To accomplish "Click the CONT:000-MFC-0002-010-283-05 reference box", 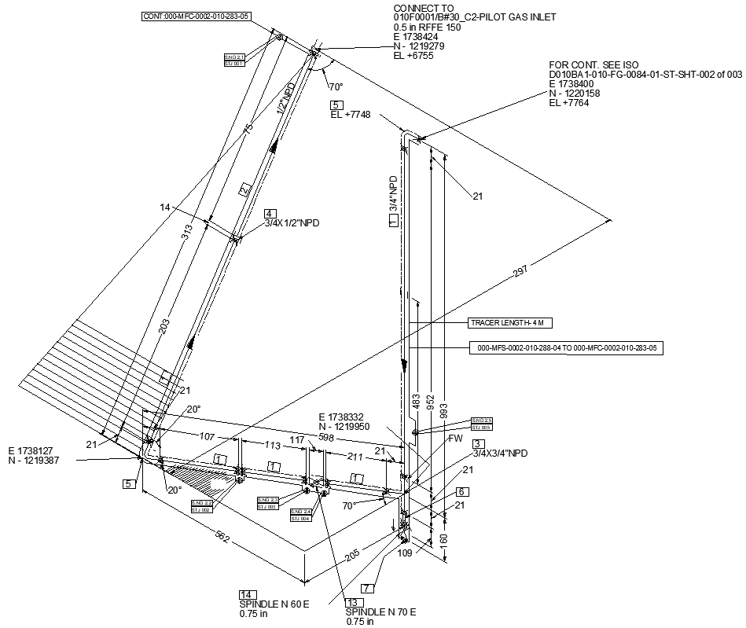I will pos(197,16).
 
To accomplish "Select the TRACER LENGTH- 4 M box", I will pos(506,323).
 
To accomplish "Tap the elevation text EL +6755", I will pos(413,56).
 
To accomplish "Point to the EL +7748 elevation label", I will pos(351,115).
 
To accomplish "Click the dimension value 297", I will pos(520,271).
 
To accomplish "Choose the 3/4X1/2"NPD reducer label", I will pos(292,223).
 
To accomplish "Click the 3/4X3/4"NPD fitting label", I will pos(500,454).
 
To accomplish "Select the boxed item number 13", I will pos(351,602).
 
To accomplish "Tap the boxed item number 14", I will pos(245,594).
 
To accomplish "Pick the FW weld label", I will pos(456,439).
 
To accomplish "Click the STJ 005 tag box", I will pos(481,428).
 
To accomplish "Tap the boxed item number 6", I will pos(462,492).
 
